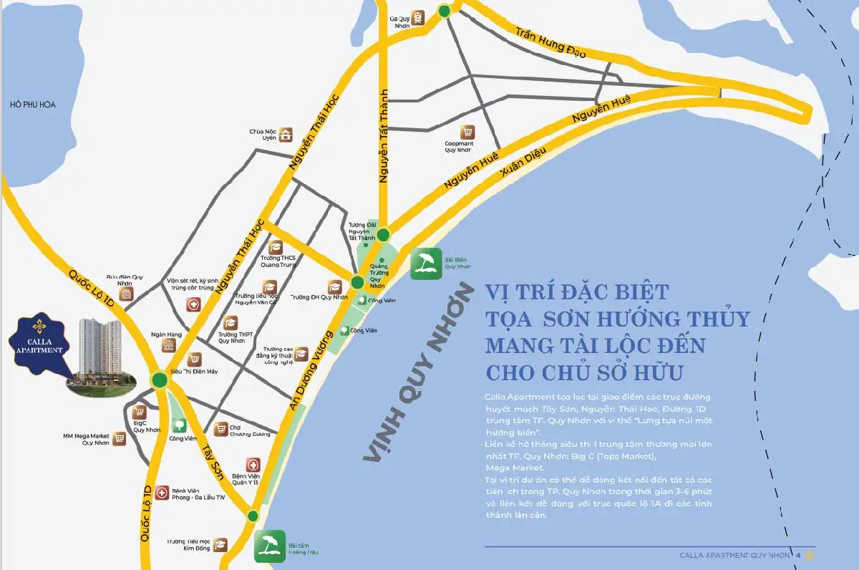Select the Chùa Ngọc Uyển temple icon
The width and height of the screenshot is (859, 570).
tap(286, 135)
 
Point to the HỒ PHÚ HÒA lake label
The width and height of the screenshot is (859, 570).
tap(33, 105)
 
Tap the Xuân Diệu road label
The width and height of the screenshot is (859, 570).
tap(525, 164)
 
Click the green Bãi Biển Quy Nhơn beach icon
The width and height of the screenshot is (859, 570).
tap(426, 264)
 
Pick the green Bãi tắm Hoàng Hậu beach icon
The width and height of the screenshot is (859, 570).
tap(270, 546)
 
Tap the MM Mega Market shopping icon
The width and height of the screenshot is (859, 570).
tap(119, 438)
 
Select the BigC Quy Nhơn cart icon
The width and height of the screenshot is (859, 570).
tap(140, 412)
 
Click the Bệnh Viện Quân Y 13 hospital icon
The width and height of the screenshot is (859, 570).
tap(253, 465)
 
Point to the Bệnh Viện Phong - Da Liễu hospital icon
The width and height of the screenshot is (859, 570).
tap(162, 493)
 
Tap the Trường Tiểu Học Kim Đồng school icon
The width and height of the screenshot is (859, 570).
tap(220, 545)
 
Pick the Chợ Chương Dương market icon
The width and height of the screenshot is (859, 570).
tap(221, 427)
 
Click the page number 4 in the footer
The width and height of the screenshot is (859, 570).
tap(798, 556)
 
